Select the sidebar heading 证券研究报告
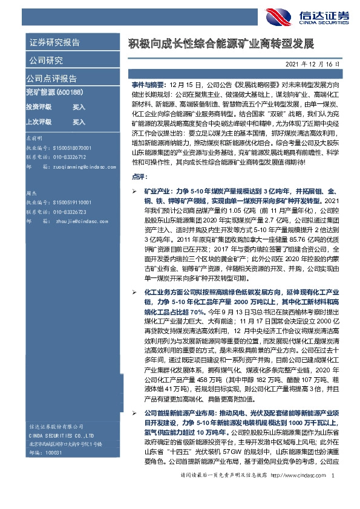[54, 42]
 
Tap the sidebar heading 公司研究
[45, 60]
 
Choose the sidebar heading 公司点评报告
[51, 78]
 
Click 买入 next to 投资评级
[79, 106]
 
